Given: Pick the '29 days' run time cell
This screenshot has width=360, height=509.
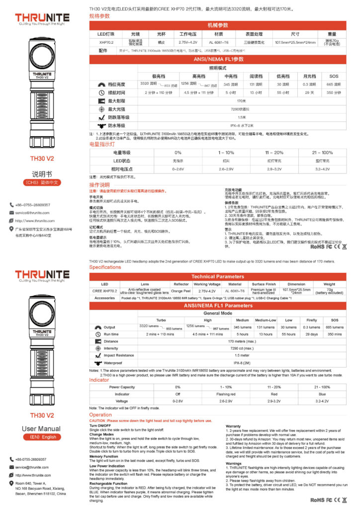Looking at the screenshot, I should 311,335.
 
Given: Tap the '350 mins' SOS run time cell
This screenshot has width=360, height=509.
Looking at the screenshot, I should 335,335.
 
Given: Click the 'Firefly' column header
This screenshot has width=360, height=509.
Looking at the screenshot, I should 311,320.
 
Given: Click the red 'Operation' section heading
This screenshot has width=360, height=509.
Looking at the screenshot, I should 100,415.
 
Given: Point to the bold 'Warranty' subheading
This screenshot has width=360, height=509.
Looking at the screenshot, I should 233,426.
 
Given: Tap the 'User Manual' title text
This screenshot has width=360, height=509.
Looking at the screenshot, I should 42,428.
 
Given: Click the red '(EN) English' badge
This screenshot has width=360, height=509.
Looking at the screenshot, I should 42,437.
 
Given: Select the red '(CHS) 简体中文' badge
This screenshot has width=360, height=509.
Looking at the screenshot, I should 42,183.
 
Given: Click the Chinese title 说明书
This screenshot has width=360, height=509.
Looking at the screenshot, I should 42,174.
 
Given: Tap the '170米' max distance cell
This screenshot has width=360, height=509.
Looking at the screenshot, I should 242,101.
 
